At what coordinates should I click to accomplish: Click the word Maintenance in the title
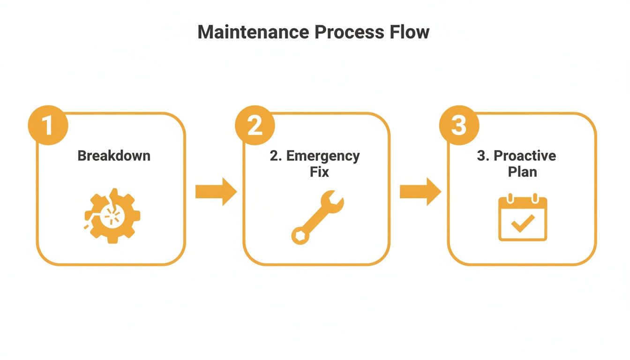point(253,32)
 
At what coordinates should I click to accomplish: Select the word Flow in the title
point(410,32)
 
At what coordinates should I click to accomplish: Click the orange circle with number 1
point(48,125)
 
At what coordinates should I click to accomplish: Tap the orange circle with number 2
point(255,125)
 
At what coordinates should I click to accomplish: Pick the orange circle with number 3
point(459,125)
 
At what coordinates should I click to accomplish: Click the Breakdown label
point(114,156)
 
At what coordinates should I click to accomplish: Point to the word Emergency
point(323,156)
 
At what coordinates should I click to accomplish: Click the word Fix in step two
point(319,172)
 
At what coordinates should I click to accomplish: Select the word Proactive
point(525,156)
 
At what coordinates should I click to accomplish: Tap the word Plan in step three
point(523,172)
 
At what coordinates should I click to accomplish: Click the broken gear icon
point(112,216)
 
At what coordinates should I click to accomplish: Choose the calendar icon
point(523,218)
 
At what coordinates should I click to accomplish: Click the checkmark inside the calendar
point(523,224)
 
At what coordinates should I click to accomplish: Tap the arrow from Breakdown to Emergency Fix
point(216,191)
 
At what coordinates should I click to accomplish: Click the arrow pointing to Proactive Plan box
point(420,191)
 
